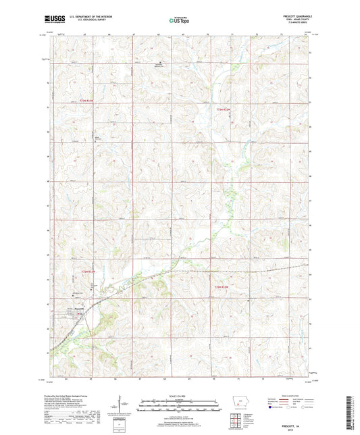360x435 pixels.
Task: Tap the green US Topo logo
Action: coord(180,20)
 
